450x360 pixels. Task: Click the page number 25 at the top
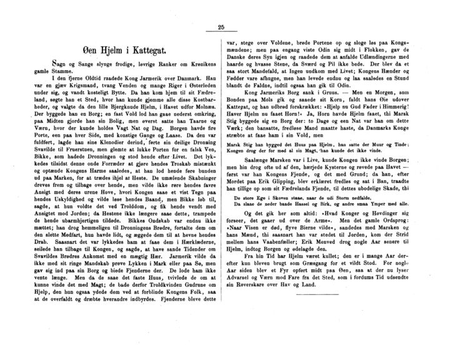(221, 27)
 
